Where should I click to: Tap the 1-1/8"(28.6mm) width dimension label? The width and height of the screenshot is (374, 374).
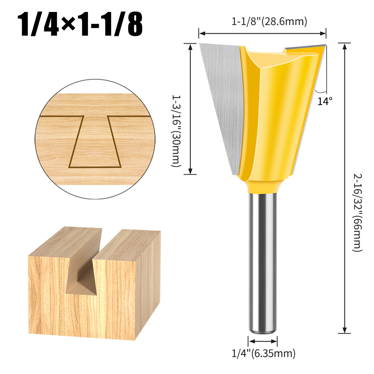pos(269,22)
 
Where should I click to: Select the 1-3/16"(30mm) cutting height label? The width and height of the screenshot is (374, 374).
pos(176,131)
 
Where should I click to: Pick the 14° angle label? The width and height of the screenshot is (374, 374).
pos(325,101)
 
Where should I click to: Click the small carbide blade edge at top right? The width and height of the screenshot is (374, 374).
pos(305,48)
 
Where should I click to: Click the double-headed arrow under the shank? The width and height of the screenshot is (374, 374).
pos(263,341)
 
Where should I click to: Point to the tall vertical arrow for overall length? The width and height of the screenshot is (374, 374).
pos(344,187)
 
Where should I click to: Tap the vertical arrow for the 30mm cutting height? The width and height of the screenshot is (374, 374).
pos(191,108)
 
